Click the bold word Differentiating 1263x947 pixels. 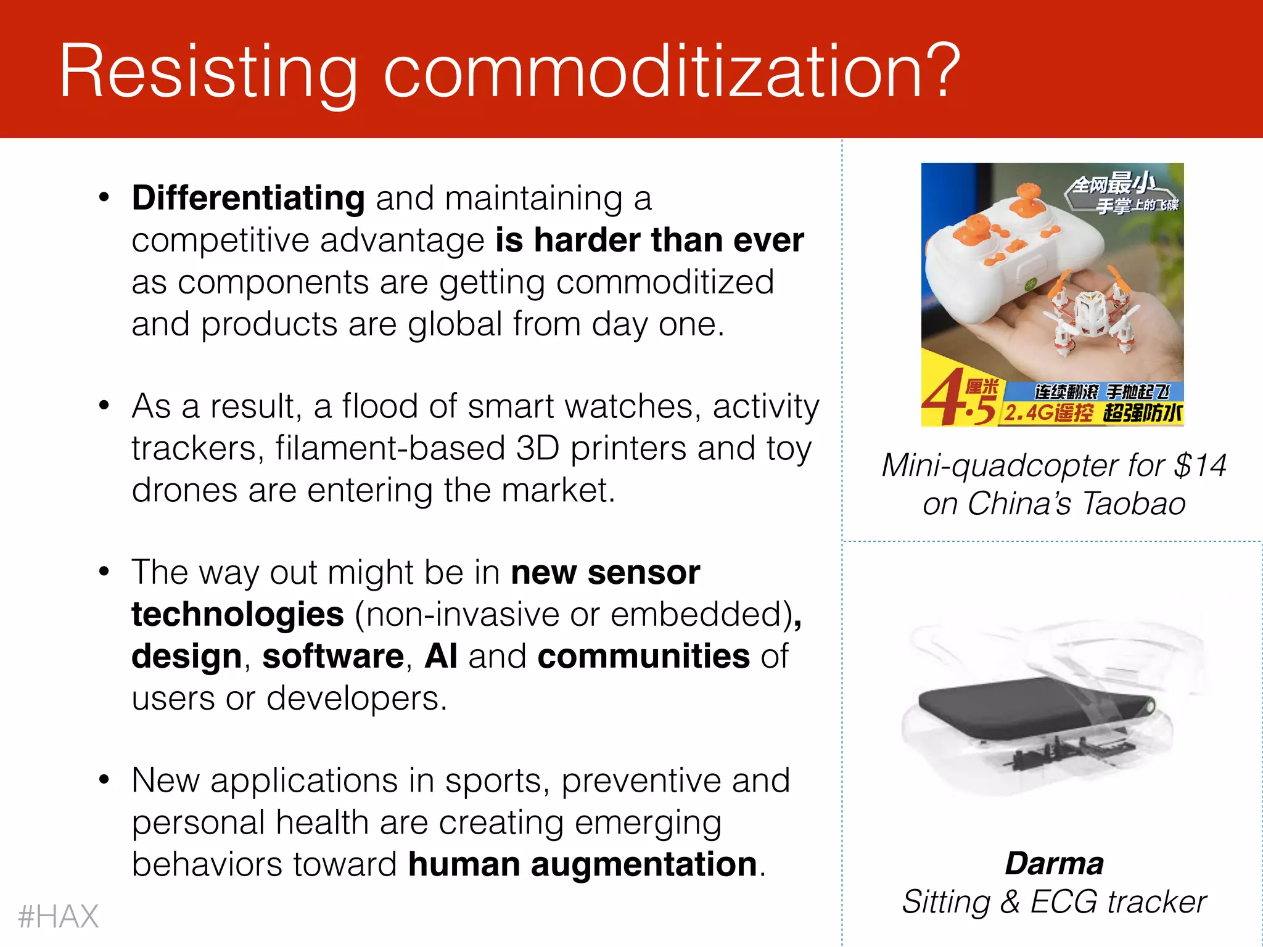pos(248,199)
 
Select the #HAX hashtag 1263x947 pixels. pos(58,916)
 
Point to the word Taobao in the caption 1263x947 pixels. pos(1133,504)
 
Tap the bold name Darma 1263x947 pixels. pos(1054,863)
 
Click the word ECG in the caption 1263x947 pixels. pos(1064,902)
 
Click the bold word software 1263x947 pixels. pos(333,656)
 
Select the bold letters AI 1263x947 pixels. pos(440,656)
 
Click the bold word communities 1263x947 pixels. pos(643,656)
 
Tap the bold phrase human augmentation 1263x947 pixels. pos(582,864)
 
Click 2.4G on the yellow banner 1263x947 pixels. pos(1029,412)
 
